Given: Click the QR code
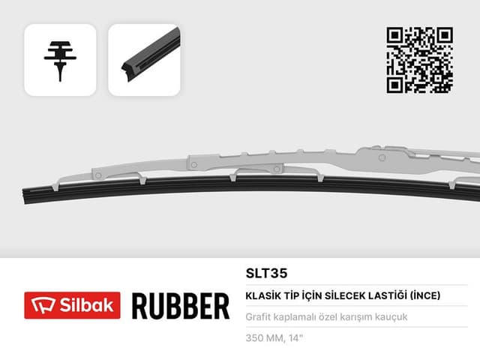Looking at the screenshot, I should tap(419, 59).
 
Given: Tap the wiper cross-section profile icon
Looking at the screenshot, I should tap(60, 60).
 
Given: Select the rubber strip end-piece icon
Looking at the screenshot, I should tap(145, 60).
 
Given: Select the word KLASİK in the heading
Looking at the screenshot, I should tap(263, 295).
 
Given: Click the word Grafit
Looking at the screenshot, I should tap(258, 317).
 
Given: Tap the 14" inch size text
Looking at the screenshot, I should tap(295, 337).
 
